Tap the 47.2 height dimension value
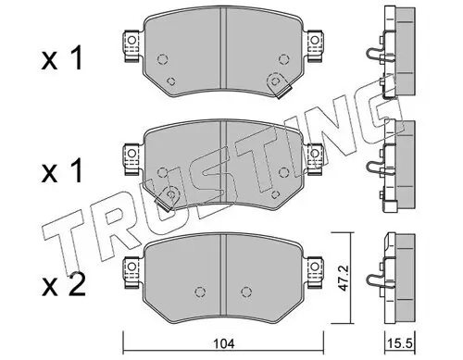[343, 278]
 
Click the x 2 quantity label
[64, 285]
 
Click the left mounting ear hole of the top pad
[131, 40]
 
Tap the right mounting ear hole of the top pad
[315, 40]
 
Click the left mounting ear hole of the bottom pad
[131, 266]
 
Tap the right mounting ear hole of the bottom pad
[315, 266]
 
